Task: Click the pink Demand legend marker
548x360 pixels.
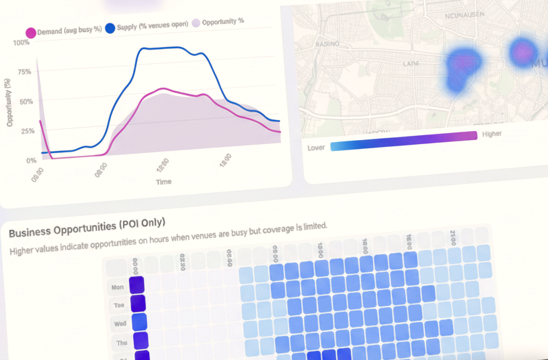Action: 30,32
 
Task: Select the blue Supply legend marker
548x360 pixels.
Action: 110,29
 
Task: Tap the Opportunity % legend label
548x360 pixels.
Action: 223,21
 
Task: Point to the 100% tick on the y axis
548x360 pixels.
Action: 21,43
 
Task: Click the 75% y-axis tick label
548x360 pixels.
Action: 23,72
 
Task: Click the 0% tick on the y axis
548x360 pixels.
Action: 31,161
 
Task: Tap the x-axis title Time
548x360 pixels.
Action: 163,182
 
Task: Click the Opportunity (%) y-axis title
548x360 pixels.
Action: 9,102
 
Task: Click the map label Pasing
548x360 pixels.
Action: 327,43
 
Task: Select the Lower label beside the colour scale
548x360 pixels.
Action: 316,148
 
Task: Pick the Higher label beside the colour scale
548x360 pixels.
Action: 491,134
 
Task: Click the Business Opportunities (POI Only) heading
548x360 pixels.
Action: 87,228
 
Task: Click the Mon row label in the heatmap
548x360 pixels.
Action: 117,287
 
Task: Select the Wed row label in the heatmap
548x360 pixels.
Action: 120,323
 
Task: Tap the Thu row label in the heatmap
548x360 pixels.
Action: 121,342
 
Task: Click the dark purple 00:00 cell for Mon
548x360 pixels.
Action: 136,285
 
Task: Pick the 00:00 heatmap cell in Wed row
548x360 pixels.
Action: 139,321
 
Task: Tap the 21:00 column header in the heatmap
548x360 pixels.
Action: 453,237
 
